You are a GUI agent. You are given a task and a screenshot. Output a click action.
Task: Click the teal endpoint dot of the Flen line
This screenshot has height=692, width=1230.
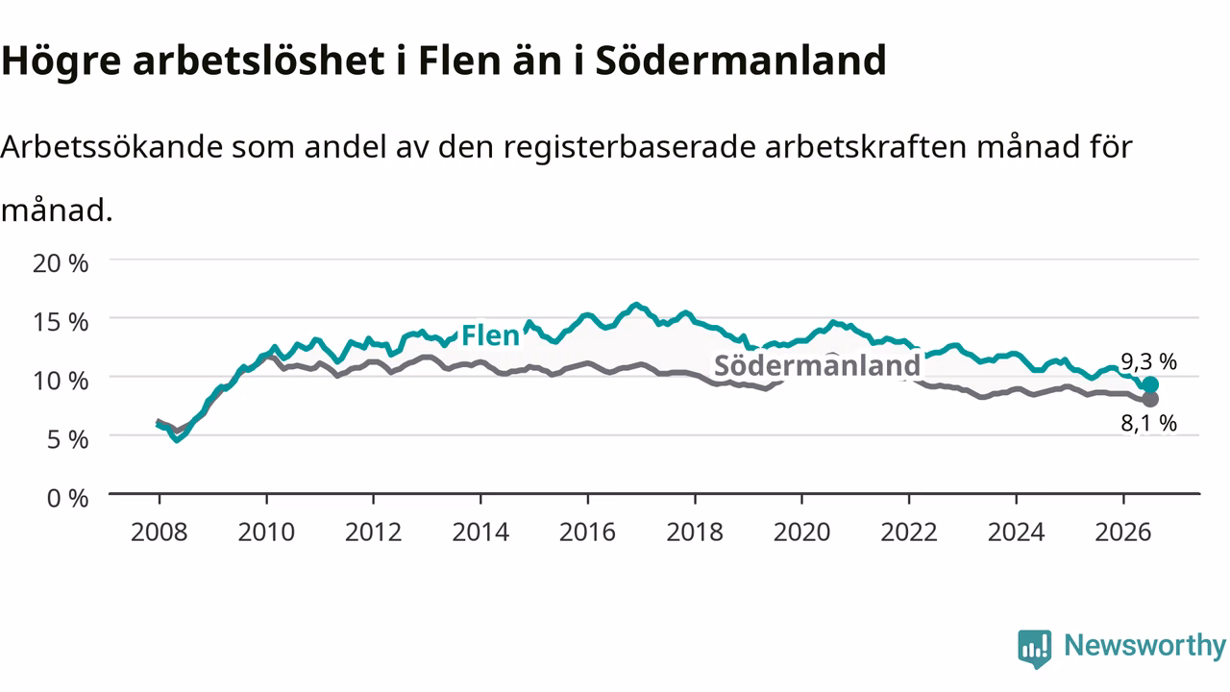coord(1150,384)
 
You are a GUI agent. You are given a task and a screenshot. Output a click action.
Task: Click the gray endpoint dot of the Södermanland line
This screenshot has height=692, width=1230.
coord(1150,399)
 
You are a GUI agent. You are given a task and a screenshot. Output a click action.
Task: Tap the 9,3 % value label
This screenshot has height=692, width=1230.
coord(1148,361)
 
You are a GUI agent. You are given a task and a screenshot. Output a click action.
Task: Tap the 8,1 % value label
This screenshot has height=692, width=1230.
coord(1148,423)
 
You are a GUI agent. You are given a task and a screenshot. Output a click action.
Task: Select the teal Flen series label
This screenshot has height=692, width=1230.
coord(490,335)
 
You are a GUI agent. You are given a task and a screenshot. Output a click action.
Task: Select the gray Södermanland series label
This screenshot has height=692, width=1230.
coord(817,365)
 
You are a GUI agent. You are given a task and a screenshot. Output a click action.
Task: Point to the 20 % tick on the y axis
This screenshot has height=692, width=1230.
coord(61,263)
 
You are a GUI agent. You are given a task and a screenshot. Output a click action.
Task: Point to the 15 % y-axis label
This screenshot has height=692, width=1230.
coord(61,322)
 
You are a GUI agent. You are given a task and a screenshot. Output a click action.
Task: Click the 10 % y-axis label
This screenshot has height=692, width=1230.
coord(61,382)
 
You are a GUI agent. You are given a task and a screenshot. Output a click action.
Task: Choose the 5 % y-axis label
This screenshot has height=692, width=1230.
coord(67,440)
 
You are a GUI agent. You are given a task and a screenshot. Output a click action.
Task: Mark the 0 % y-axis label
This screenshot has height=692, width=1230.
coord(67,499)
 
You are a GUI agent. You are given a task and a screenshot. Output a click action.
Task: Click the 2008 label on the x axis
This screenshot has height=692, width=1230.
coord(160,532)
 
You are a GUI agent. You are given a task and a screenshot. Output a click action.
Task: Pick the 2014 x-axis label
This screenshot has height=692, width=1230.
coord(480,532)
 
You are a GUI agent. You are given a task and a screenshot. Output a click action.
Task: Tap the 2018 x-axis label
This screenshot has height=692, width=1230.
coord(695,532)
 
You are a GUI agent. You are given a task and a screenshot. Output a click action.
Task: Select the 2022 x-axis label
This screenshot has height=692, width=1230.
coord(909,532)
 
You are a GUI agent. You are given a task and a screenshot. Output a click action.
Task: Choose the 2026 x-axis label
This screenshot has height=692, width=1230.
coord(1123,532)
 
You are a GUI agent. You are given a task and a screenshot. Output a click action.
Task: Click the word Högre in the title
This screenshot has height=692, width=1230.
coord(61,61)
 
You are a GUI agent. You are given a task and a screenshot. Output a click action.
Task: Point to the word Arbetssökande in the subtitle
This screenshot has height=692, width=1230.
coord(112,147)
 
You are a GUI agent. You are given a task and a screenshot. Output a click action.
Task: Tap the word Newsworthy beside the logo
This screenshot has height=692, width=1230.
coord(1144,646)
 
